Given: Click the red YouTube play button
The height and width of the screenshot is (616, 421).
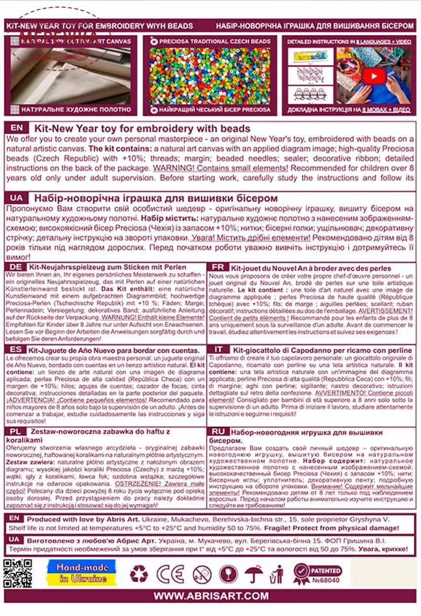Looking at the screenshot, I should pos(373,76).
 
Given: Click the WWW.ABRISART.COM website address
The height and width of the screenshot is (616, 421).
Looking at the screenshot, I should pos(210,595).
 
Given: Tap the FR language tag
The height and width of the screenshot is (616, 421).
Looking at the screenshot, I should pos(219,267).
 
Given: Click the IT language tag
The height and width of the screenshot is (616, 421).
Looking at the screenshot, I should pos(219,349).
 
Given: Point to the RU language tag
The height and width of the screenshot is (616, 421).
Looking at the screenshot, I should pos(219,431).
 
